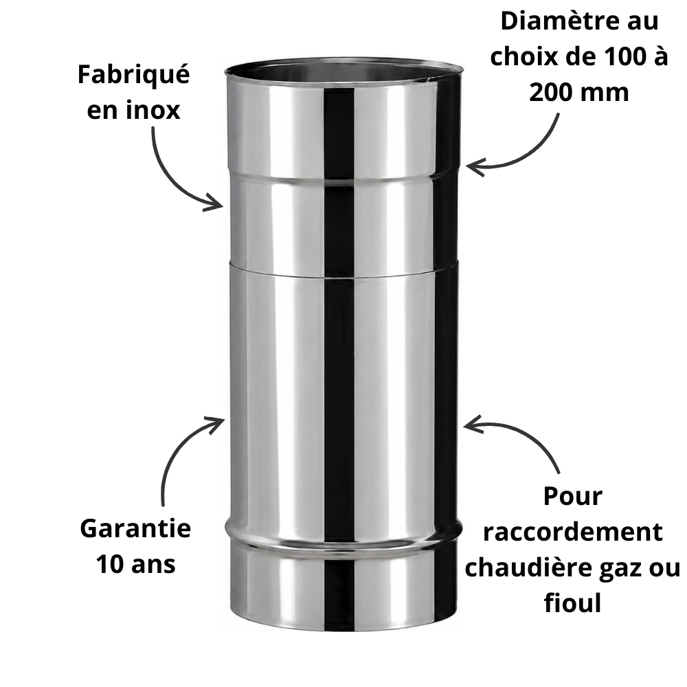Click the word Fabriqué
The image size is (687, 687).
pyautogui.click(x=134, y=74)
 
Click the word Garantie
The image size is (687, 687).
pyautogui.click(x=135, y=528)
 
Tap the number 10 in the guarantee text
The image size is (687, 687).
pyautogui.click(x=110, y=564)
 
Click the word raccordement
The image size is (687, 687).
pyautogui.click(x=573, y=532)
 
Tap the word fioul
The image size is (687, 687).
pyautogui.click(x=573, y=602)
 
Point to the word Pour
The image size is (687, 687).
pyautogui.click(x=573, y=497)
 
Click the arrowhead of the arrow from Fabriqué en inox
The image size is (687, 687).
pyautogui.click(x=218, y=204)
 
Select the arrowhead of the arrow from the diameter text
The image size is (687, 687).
pyautogui.click(x=473, y=166)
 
